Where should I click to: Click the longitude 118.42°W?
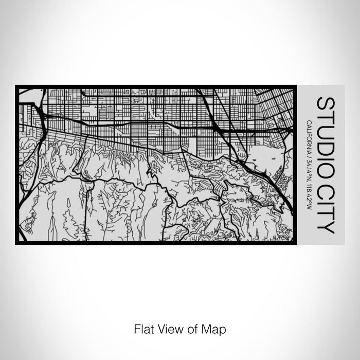(309, 195)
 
